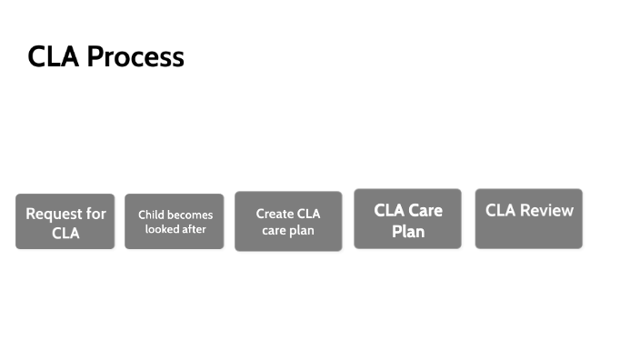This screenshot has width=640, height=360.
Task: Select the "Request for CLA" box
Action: [x=65, y=221]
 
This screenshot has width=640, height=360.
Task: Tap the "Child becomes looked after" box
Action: [x=175, y=221]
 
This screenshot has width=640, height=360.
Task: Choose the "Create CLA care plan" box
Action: [x=288, y=221]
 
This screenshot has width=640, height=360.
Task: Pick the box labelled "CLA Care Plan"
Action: [x=407, y=219]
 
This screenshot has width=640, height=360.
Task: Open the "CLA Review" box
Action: [x=528, y=219]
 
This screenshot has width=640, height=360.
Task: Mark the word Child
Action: [x=151, y=215]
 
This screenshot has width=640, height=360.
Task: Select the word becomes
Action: [x=190, y=215]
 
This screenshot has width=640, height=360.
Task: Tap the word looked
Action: [x=163, y=229]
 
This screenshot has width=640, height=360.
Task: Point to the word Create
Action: [x=274, y=214]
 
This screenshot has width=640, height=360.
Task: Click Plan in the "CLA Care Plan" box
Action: [x=408, y=232]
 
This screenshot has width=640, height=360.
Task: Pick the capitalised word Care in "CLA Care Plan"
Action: [x=425, y=210]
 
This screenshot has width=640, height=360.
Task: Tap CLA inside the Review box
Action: [x=500, y=211]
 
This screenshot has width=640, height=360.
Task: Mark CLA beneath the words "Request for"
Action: [x=65, y=234]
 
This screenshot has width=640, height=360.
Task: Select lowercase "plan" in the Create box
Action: [x=301, y=230]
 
